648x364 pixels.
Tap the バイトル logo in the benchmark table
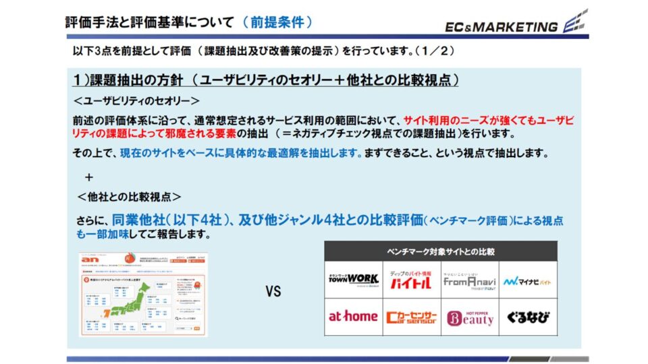pyautogui.click(x=412, y=280)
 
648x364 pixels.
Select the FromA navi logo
pyautogui.click(x=470, y=280)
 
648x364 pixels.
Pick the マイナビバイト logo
pyautogui.click(x=529, y=280)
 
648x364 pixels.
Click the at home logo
pyautogui.click(x=353, y=316)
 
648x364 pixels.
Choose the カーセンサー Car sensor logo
pyautogui.click(x=412, y=316)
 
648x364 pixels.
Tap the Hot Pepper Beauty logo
pyautogui.click(x=470, y=317)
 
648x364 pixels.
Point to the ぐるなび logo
pyautogui.click(x=529, y=316)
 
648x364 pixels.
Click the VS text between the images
pyautogui.click(x=273, y=293)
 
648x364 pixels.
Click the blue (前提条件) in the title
pyautogui.click(x=277, y=22)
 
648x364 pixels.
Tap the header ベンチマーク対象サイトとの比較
pyautogui.click(x=441, y=251)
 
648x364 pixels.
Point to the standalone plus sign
pyautogui.click(x=88, y=177)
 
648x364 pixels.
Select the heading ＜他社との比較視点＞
pyautogui.click(x=128, y=197)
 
